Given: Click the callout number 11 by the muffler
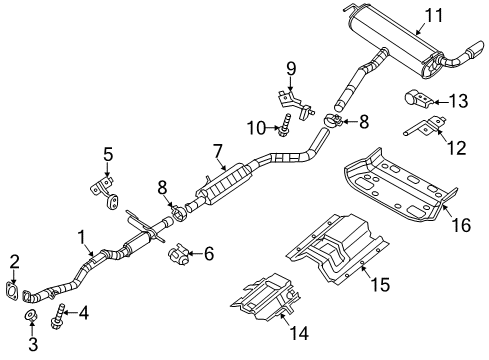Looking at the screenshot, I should coord(432,14).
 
